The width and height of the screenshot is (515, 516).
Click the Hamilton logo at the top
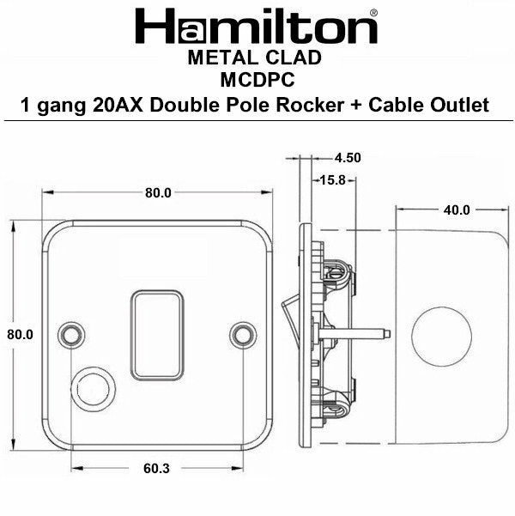(x=257, y=26)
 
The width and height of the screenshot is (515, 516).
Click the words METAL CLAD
(x=254, y=58)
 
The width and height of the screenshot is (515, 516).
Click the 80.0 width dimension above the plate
(x=158, y=192)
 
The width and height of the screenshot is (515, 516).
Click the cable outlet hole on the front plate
(x=90, y=385)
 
